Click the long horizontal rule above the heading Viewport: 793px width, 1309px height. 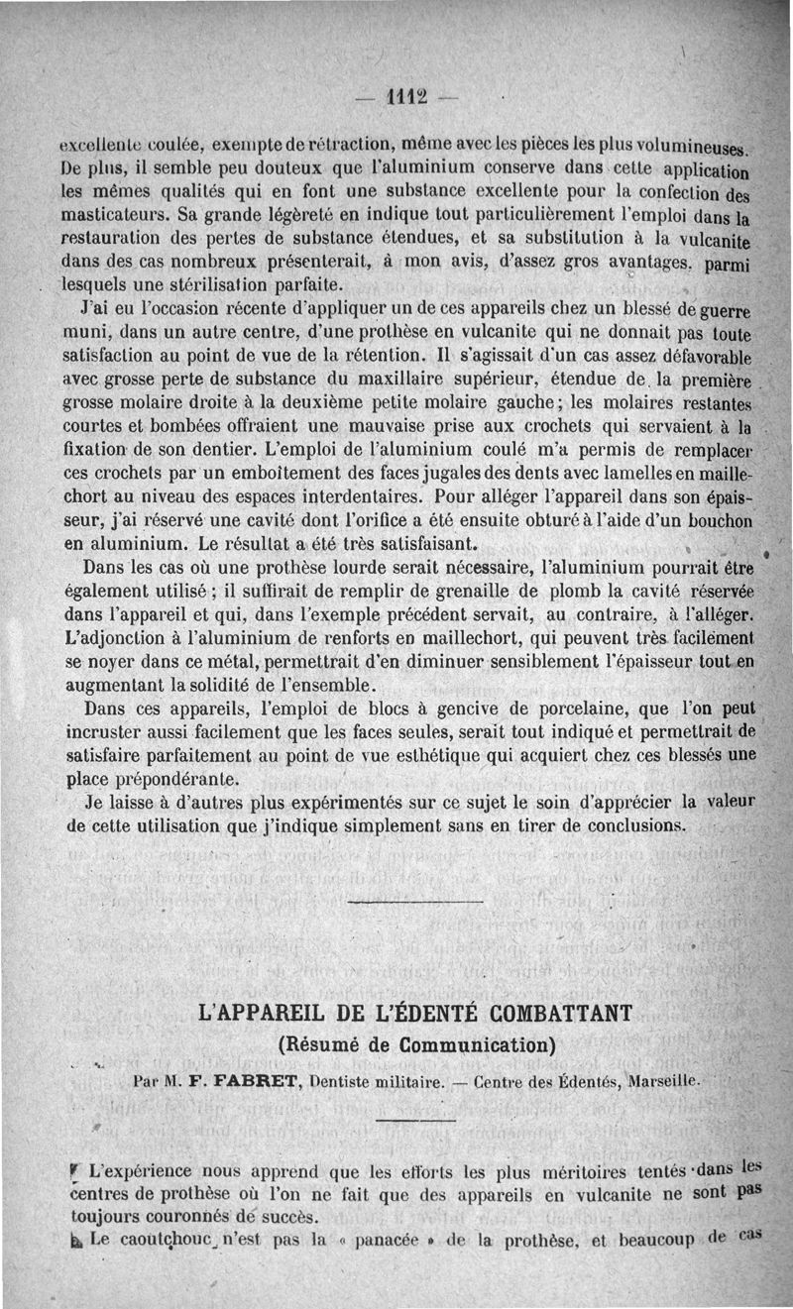coord(416,902)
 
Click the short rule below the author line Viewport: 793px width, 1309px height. coord(416,1120)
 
